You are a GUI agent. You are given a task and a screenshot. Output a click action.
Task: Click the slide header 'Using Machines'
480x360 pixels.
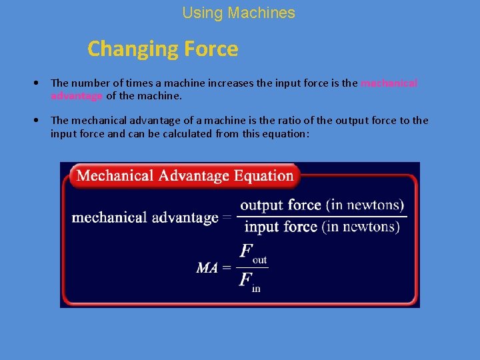tap(238, 13)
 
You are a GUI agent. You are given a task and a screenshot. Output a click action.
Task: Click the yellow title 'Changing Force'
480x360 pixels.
tap(163, 49)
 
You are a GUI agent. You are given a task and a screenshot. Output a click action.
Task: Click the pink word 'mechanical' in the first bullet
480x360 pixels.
tap(389, 83)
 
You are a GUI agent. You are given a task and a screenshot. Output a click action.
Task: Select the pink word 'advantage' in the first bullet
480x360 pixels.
tap(77, 96)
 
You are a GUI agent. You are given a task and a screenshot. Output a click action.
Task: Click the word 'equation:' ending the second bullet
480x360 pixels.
tap(287, 133)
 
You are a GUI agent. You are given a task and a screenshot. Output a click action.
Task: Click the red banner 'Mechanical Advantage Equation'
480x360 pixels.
tap(185, 176)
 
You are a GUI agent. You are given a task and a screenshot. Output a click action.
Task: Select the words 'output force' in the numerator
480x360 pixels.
tap(281, 205)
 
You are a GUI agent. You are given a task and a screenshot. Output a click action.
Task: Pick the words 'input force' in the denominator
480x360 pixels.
tap(281, 227)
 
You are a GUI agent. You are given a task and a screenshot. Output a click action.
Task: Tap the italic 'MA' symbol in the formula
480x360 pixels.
tap(207, 268)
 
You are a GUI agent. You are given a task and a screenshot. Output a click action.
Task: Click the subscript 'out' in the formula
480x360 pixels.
tap(260, 260)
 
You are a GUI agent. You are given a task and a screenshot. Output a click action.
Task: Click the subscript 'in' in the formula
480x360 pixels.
tap(257, 288)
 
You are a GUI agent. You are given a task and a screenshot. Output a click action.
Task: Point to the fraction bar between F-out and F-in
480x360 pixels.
tap(253, 268)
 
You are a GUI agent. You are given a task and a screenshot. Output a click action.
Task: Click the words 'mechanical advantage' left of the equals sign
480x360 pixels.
tap(145, 217)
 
